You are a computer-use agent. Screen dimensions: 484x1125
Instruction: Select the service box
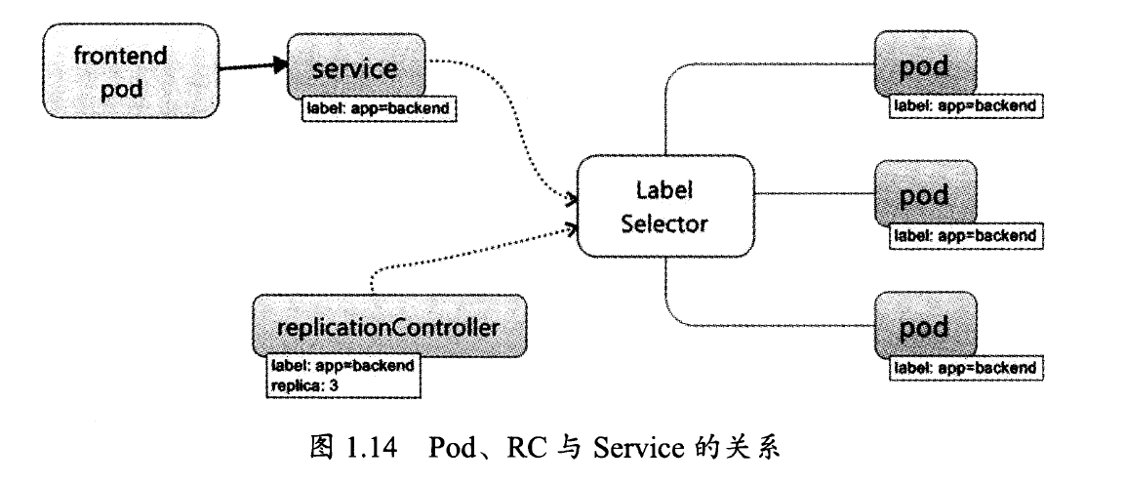click(x=355, y=67)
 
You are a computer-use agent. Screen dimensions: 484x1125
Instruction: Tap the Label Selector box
click(x=664, y=206)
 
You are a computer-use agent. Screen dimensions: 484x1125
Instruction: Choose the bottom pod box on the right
click(x=924, y=326)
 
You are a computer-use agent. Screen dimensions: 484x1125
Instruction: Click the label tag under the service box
click(x=379, y=108)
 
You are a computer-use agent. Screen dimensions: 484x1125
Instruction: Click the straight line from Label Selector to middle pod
click(x=814, y=193)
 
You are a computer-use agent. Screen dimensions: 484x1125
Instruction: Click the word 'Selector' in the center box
click(x=664, y=223)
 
